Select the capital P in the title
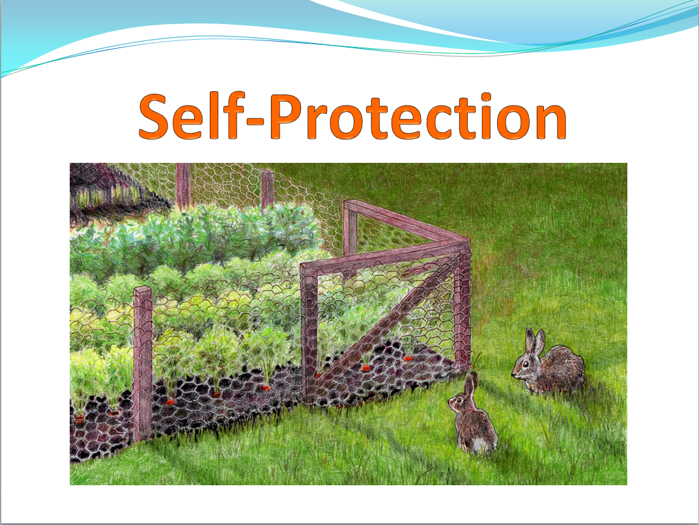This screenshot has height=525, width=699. pyautogui.click(x=287, y=117)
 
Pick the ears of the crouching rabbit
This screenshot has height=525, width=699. pyautogui.click(x=535, y=341)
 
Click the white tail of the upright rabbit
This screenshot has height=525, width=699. pyautogui.click(x=479, y=444)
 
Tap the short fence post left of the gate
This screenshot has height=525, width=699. pyautogui.click(x=143, y=363)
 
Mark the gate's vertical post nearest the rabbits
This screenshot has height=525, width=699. pyautogui.click(x=463, y=307)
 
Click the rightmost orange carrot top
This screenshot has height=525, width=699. pyautogui.click(x=408, y=358)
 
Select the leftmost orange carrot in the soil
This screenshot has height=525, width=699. pyautogui.click(x=79, y=418)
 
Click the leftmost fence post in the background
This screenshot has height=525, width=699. pyautogui.click(x=183, y=184)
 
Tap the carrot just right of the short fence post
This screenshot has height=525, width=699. pyautogui.click(x=170, y=401)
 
